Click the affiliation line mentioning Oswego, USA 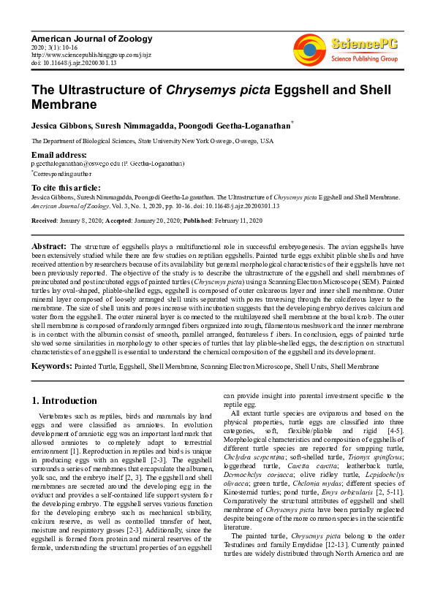click(x=152, y=141)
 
